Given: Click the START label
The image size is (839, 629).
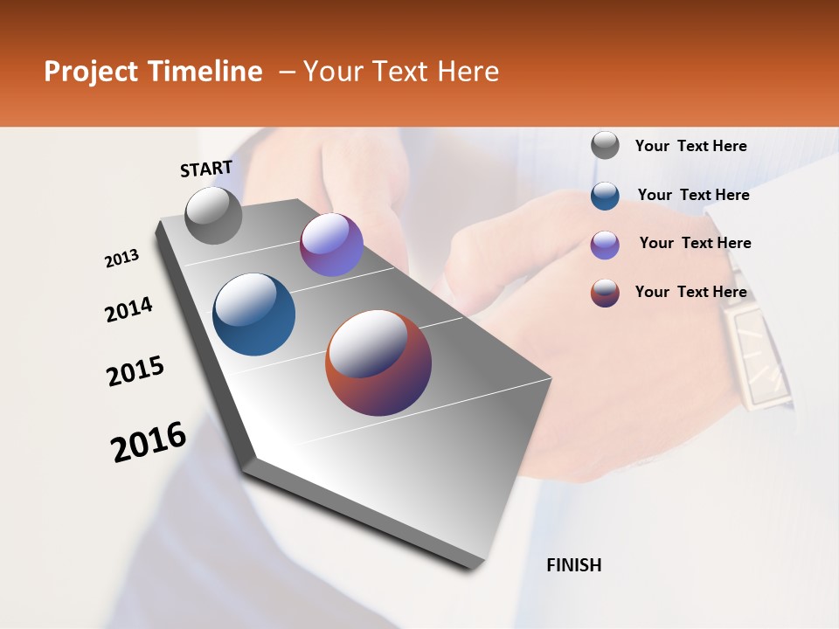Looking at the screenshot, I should click(206, 169).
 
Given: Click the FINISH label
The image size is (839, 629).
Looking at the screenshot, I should click(574, 565).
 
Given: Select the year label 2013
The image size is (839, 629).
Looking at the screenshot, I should click(122, 259).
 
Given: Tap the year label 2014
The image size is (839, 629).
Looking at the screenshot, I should click(128, 310).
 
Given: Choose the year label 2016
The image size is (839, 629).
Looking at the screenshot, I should click(149, 442).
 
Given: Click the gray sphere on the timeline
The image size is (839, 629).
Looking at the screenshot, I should click(213, 215).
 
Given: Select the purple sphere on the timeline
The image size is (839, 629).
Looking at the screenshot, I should click(331, 245).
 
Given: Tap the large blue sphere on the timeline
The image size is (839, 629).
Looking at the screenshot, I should click(253, 314).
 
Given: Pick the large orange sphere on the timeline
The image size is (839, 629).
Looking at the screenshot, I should click(378, 363).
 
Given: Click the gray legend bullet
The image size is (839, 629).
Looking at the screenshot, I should click(605, 146).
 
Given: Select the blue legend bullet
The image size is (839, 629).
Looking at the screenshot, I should click(605, 196).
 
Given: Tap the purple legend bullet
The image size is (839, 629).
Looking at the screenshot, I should click(605, 245).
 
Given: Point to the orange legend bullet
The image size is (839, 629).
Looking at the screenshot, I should click(605, 293).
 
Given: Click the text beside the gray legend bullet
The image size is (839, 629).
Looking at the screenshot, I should click(690, 146).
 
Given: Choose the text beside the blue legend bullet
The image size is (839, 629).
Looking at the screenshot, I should click(693, 195).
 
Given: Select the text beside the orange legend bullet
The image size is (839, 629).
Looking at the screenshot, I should click(690, 292).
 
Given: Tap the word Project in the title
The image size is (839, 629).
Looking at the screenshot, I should click(89, 72).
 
